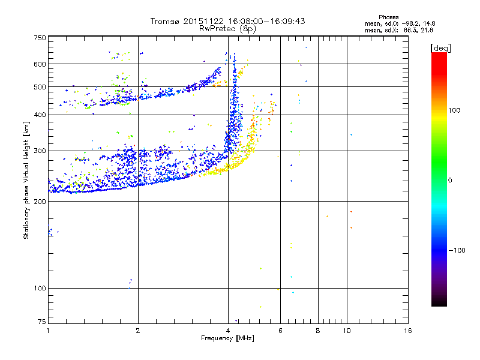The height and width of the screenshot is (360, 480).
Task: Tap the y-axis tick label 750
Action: [x=39, y=38]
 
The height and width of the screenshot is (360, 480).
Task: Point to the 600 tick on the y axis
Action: [x=39, y=64]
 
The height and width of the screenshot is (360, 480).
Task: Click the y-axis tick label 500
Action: [x=39, y=87]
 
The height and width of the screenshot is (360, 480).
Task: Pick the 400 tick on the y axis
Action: [x=39, y=115]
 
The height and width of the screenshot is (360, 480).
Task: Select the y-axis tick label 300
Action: [x=39, y=151]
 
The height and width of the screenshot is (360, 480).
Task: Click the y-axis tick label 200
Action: [x=39, y=202]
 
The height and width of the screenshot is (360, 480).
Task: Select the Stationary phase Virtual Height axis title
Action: [x=26, y=180]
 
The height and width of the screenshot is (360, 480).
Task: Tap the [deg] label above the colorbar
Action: [x=440, y=47]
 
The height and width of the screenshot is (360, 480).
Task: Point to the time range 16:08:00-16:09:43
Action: [x=265, y=21]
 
